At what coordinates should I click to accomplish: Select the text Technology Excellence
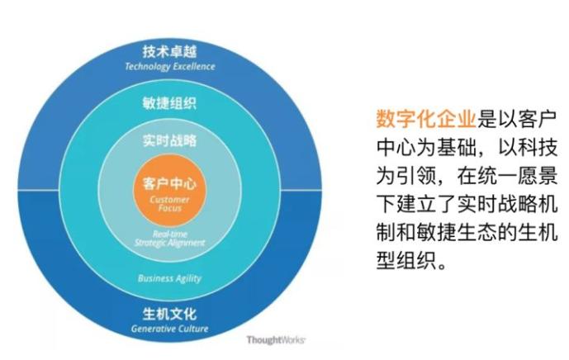[x=169, y=66]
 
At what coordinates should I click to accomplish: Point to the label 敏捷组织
[x=169, y=104]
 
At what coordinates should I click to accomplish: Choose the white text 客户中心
[x=169, y=183]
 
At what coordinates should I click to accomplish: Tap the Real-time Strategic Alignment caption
[x=169, y=239]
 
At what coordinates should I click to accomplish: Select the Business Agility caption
[x=169, y=278]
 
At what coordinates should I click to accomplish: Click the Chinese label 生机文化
[x=169, y=315]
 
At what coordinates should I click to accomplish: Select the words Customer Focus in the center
[x=169, y=204]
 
